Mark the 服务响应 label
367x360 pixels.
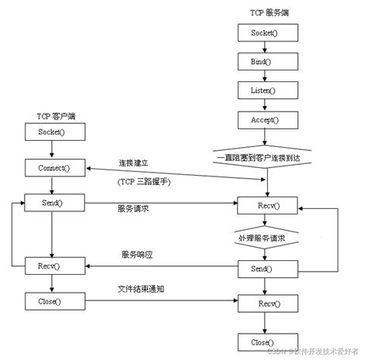click(x=137, y=255)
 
